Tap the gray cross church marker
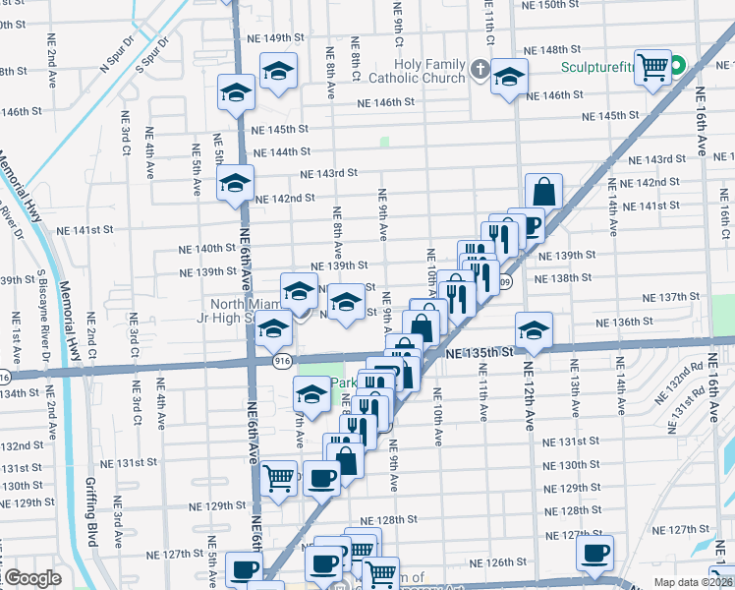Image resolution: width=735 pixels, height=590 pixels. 480,69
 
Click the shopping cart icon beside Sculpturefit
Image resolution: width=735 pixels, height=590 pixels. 652,68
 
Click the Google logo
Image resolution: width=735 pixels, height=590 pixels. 31,579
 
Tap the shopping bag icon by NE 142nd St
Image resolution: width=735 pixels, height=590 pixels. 543,192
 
